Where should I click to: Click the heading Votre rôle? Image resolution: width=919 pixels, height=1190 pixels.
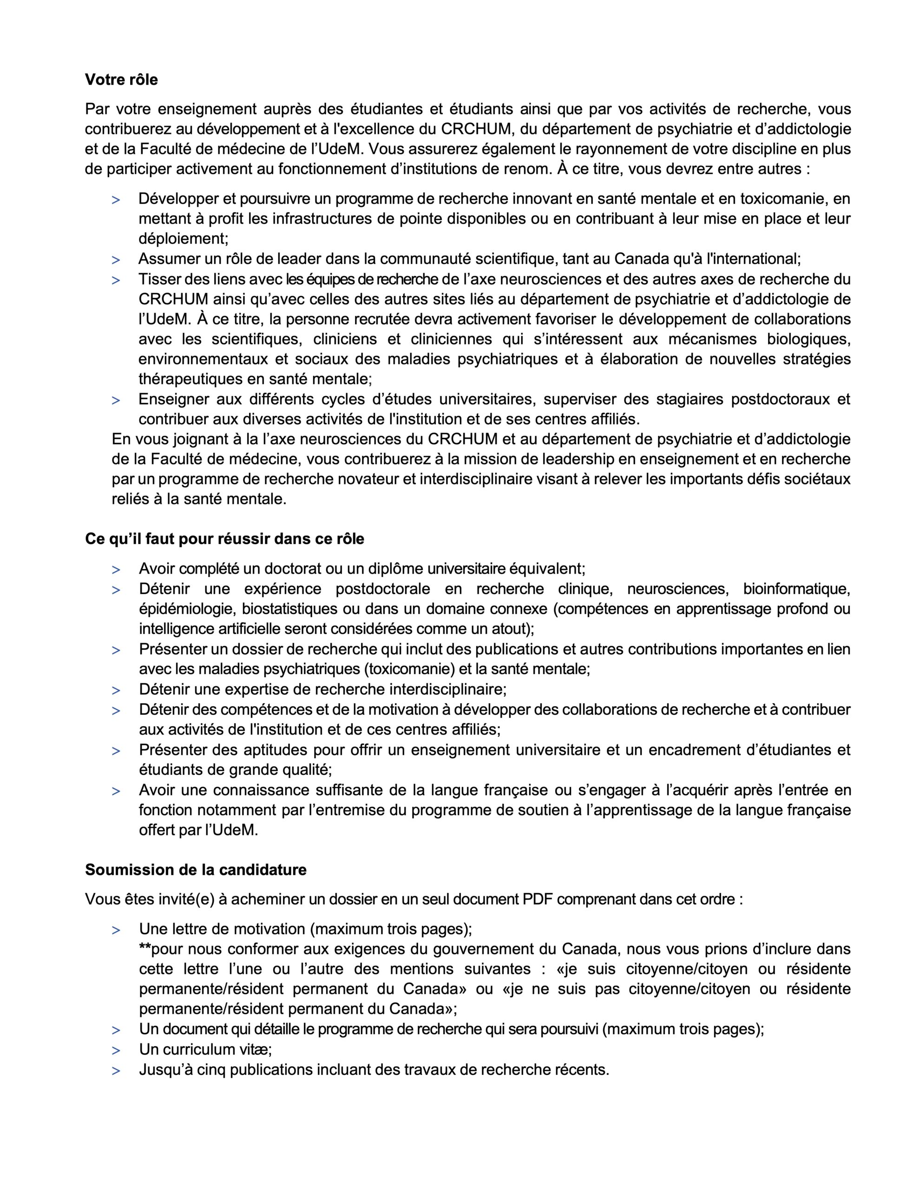tap(121, 79)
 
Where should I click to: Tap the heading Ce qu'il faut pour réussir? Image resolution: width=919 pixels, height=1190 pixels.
tap(224, 539)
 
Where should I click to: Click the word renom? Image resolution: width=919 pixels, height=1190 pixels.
tap(522, 169)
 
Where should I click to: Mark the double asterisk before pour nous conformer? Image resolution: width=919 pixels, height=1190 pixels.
tap(145, 949)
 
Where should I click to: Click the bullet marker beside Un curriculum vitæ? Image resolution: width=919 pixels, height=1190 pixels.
tap(116, 1051)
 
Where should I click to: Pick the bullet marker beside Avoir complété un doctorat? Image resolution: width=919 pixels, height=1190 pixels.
tap(116, 570)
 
